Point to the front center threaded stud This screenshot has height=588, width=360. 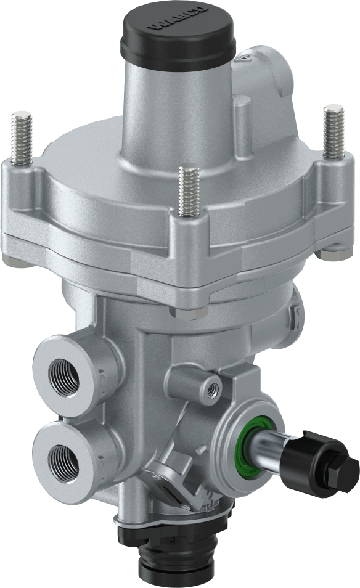[189, 189]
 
